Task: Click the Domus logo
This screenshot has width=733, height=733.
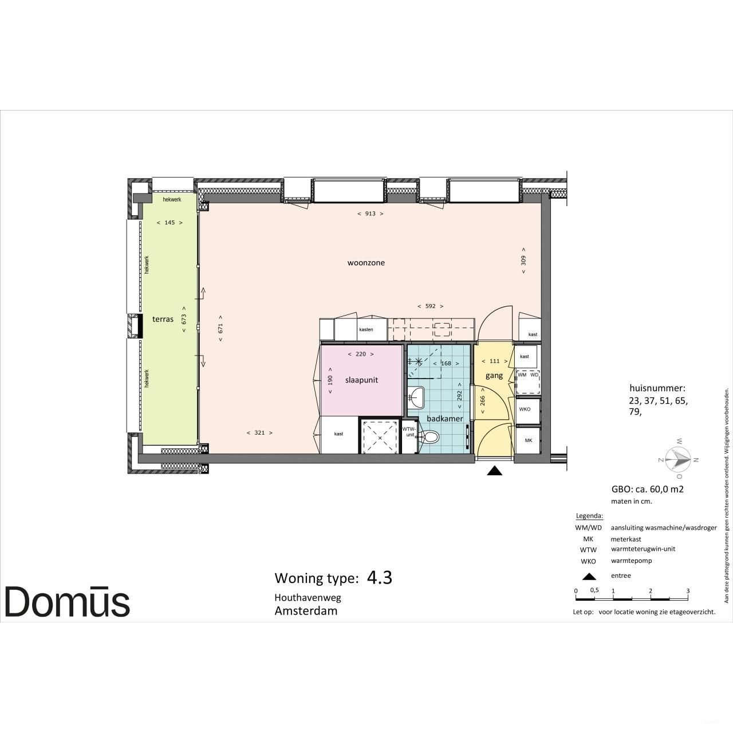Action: (x=67, y=601)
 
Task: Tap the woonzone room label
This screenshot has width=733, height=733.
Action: (x=366, y=263)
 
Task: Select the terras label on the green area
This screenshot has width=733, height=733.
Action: (x=163, y=319)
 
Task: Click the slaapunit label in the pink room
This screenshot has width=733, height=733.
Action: (x=361, y=380)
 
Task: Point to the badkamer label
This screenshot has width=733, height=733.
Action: (x=444, y=419)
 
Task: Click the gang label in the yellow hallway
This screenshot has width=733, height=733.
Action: (x=494, y=376)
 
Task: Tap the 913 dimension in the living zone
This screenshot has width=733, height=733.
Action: (x=370, y=214)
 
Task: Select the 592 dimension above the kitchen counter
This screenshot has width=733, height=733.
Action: (x=430, y=306)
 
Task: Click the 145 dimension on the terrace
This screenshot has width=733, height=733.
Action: (x=170, y=223)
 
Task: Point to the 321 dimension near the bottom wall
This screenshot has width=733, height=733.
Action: (x=259, y=433)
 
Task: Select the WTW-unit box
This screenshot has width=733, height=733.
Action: (x=409, y=432)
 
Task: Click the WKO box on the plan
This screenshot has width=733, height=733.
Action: (x=525, y=409)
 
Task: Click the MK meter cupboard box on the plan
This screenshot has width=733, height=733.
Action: (x=528, y=440)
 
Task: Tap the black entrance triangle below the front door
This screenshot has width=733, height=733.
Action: (x=495, y=471)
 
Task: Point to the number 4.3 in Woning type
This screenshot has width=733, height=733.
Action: (x=379, y=577)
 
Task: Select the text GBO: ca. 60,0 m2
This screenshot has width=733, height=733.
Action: (x=648, y=489)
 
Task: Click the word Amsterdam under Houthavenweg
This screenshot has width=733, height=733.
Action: (x=306, y=610)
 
